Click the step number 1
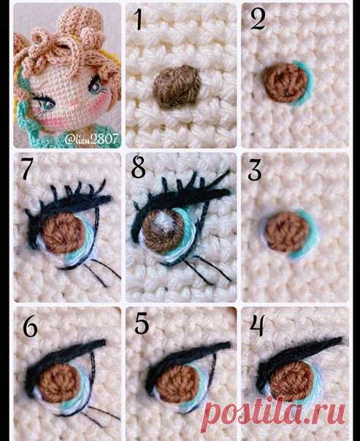pyautogui.click(x=139, y=20)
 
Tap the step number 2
pyautogui.click(x=258, y=20)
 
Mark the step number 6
pyautogui.click(x=30, y=327)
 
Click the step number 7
pyautogui.click(x=27, y=169)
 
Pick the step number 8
pyautogui.click(x=138, y=168)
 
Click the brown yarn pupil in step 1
pyautogui.click(x=177, y=87)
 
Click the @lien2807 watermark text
pyautogui.click(x=92, y=139)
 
